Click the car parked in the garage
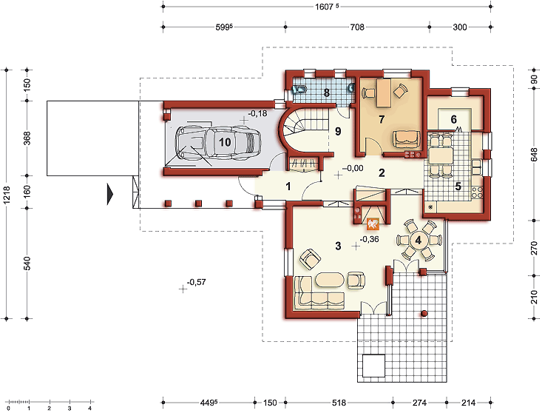point(218,143)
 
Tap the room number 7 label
point(382,119)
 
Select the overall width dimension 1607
point(327,7)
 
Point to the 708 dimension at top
point(357,27)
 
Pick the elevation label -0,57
point(197,282)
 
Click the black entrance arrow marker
point(110,195)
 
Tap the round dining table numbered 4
point(419,240)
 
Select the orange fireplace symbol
point(373,224)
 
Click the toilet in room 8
point(299,90)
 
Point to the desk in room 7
point(383,93)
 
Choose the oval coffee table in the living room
point(330,280)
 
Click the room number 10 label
point(225,142)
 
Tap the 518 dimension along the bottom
point(339,403)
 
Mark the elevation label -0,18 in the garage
point(257,113)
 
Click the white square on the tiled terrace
point(373,366)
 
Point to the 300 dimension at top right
point(460,27)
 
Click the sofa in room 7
point(406,139)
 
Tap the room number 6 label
point(453,119)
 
